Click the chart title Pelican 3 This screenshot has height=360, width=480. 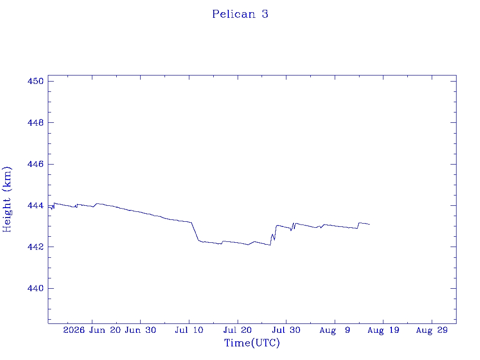(240, 14)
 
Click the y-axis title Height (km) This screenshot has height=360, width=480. (7, 199)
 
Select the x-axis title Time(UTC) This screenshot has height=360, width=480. (252, 343)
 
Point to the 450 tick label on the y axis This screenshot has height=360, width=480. (36, 81)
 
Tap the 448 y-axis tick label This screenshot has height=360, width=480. (36, 122)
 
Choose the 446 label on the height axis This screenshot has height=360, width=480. (36, 164)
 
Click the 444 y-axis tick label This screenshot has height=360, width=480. (36, 205)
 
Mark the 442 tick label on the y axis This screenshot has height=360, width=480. (36, 247)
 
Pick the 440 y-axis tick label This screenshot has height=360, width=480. (36, 288)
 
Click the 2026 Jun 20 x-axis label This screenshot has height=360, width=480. (92, 330)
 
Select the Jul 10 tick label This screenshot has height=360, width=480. (189, 330)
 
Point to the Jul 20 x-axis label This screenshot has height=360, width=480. (238, 330)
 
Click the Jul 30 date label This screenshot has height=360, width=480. (286, 330)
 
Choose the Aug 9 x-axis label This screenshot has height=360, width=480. (335, 330)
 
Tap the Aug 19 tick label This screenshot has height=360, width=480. (383, 330)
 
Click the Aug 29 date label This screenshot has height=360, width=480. (432, 330)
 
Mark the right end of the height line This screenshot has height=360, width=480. (370, 225)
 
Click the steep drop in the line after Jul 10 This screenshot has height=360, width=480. (195, 232)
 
